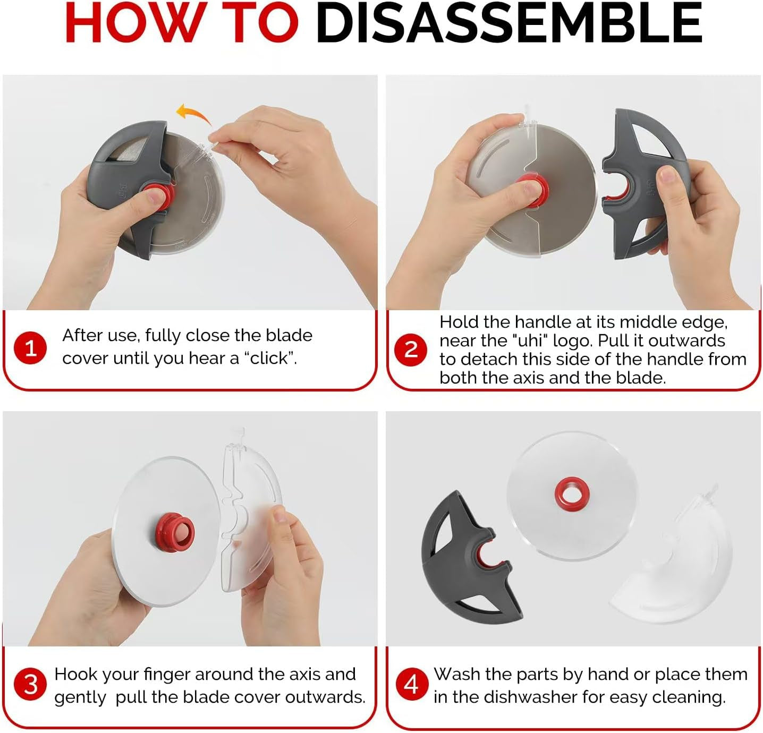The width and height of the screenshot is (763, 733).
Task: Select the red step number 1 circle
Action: tap(30, 348)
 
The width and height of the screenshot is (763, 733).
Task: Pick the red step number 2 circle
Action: tap(411, 350)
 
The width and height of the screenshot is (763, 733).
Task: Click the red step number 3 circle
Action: tap(30, 684)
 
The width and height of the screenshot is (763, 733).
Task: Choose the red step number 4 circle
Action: tap(411, 684)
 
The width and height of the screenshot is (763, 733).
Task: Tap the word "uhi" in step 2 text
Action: tap(532, 340)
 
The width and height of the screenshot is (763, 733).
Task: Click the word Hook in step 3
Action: tap(73, 674)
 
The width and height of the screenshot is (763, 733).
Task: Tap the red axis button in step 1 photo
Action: tap(159, 195)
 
